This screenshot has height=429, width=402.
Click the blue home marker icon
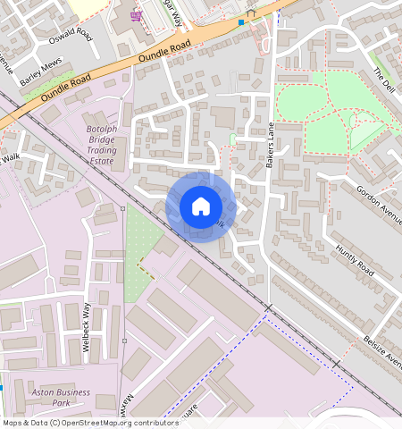click(x=200, y=206)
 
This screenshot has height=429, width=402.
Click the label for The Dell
click(x=382, y=78)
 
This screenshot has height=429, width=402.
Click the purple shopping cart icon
click(x=136, y=15)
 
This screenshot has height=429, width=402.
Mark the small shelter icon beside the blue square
click(x=252, y=13)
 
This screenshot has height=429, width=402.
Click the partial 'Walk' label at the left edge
click(x=10, y=157)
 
